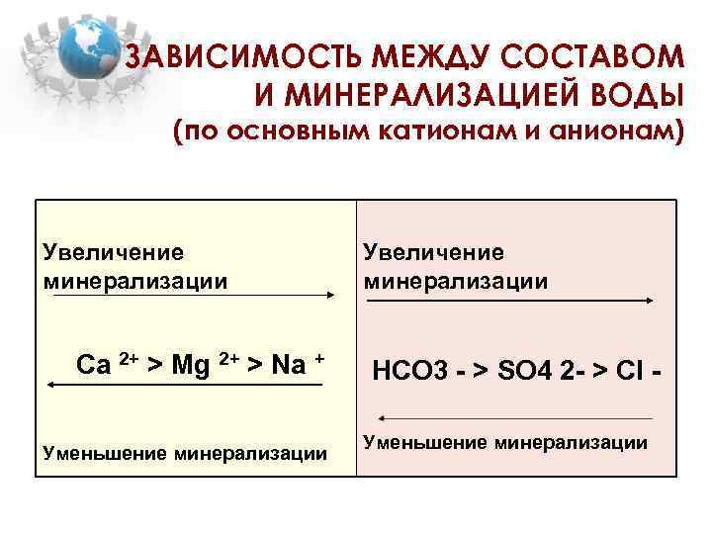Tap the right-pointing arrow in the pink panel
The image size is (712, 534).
[506, 300]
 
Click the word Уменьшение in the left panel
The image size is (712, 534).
[105, 454]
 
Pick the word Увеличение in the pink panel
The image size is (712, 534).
[433, 253]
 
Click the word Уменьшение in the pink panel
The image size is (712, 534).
[424, 442]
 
